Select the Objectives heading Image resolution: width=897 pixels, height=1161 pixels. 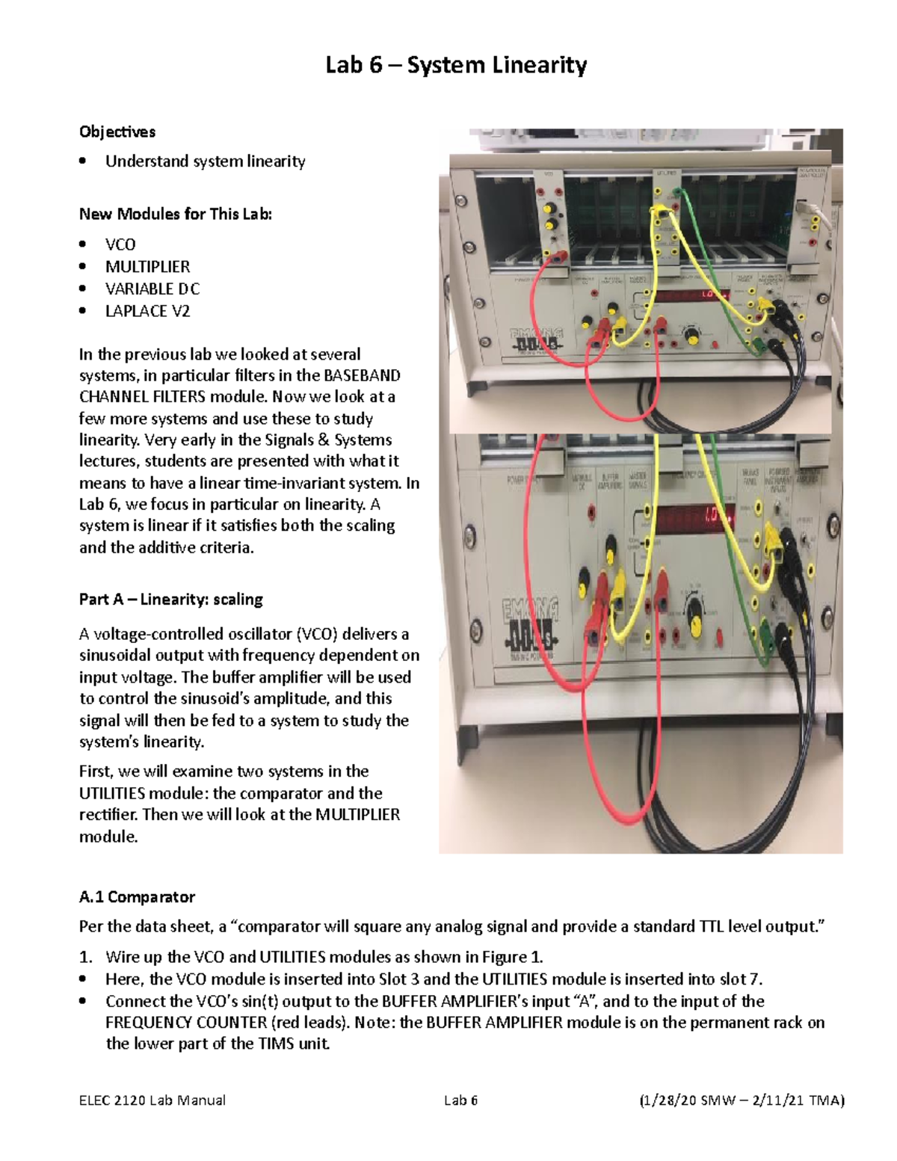click(x=117, y=132)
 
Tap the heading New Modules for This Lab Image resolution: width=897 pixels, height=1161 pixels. click(x=176, y=214)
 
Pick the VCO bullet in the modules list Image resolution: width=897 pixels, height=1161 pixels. click(x=120, y=244)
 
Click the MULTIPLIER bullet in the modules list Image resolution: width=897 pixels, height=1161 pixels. click(x=147, y=267)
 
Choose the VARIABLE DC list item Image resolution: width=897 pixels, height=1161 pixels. click(x=152, y=289)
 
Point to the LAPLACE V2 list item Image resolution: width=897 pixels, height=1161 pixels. click(x=147, y=311)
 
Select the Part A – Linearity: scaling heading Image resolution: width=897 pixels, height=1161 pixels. click(x=171, y=600)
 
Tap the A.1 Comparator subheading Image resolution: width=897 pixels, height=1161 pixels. click(x=137, y=897)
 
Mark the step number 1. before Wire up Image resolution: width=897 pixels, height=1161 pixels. click(x=86, y=957)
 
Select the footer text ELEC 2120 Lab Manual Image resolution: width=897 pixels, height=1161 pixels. click(x=152, y=1100)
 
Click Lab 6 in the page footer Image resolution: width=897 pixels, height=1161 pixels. click(x=460, y=1100)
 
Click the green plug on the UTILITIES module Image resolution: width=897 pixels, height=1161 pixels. click(x=676, y=194)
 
